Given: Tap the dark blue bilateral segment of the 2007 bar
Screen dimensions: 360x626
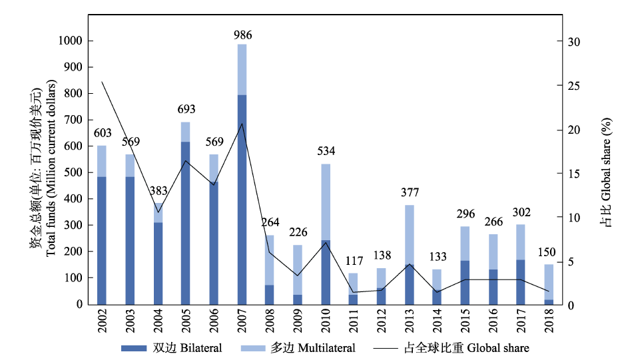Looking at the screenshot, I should point(242,200).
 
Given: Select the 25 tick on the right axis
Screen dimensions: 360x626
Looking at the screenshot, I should point(572,86).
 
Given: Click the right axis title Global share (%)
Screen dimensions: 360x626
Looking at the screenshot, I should point(606,173).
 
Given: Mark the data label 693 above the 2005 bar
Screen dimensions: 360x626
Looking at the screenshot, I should point(186,109).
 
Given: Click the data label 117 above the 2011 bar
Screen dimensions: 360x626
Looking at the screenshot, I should point(354,261).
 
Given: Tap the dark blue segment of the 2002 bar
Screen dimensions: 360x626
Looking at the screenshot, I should point(102,240).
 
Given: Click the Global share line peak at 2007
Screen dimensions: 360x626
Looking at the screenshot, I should point(242,123).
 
